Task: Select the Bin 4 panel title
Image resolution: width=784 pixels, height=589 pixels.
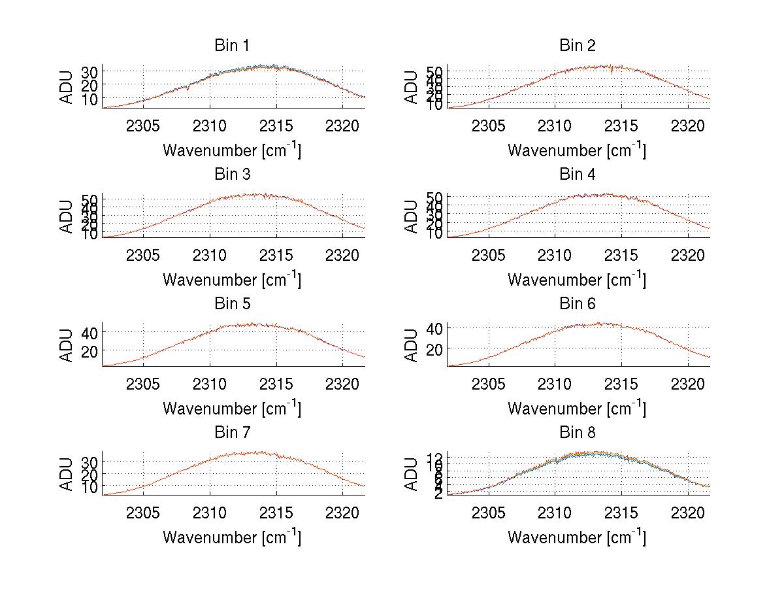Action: (577, 175)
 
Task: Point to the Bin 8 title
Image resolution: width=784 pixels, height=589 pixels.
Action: (577, 433)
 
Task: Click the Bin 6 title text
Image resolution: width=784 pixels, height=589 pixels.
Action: (577, 304)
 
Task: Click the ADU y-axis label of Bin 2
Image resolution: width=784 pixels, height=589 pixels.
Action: (411, 87)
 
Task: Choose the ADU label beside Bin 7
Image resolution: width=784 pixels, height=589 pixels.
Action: (66, 474)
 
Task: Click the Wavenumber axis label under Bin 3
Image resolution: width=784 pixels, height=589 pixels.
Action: (232, 279)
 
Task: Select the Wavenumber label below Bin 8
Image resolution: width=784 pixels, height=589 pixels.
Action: (577, 537)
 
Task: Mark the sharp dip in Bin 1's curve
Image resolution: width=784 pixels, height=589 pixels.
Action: (188, 89)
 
